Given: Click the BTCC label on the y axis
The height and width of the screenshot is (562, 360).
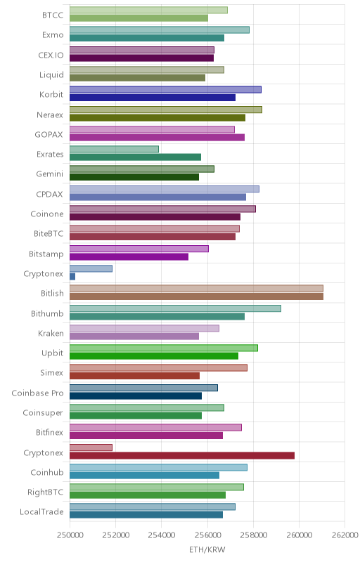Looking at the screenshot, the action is point(53,15).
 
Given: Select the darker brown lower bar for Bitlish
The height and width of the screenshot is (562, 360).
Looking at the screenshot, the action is point(196,296).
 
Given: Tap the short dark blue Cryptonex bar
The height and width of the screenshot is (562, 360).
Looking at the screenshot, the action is point(72,276).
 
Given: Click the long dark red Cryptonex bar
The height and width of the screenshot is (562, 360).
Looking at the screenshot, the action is point(182,455).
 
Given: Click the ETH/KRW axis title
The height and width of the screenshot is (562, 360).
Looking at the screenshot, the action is point(207,550).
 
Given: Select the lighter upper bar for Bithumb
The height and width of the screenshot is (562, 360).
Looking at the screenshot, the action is point(175,308).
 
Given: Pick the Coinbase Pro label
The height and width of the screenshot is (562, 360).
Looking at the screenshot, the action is point(38,393).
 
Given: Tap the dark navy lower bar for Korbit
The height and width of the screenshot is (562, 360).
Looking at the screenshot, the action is point(153,98).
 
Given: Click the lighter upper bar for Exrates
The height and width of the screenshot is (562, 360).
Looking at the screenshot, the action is point(114,149).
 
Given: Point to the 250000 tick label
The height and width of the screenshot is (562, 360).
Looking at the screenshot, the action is point(70,535).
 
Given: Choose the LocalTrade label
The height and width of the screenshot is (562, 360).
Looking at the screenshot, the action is point(41,512).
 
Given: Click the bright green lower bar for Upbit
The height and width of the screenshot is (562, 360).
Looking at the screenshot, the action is point(154,356).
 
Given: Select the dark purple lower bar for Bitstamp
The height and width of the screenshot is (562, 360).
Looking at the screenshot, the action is point(129,256).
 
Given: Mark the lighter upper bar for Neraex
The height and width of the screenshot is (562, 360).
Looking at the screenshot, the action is point(166,110).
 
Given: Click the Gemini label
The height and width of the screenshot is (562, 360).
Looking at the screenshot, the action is point(50,174).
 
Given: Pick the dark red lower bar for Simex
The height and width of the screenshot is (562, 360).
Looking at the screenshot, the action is point(134,376).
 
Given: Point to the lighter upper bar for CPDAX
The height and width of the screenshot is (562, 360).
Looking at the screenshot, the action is point(165,189).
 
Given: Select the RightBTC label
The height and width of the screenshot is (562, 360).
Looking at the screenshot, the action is point(46,492).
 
